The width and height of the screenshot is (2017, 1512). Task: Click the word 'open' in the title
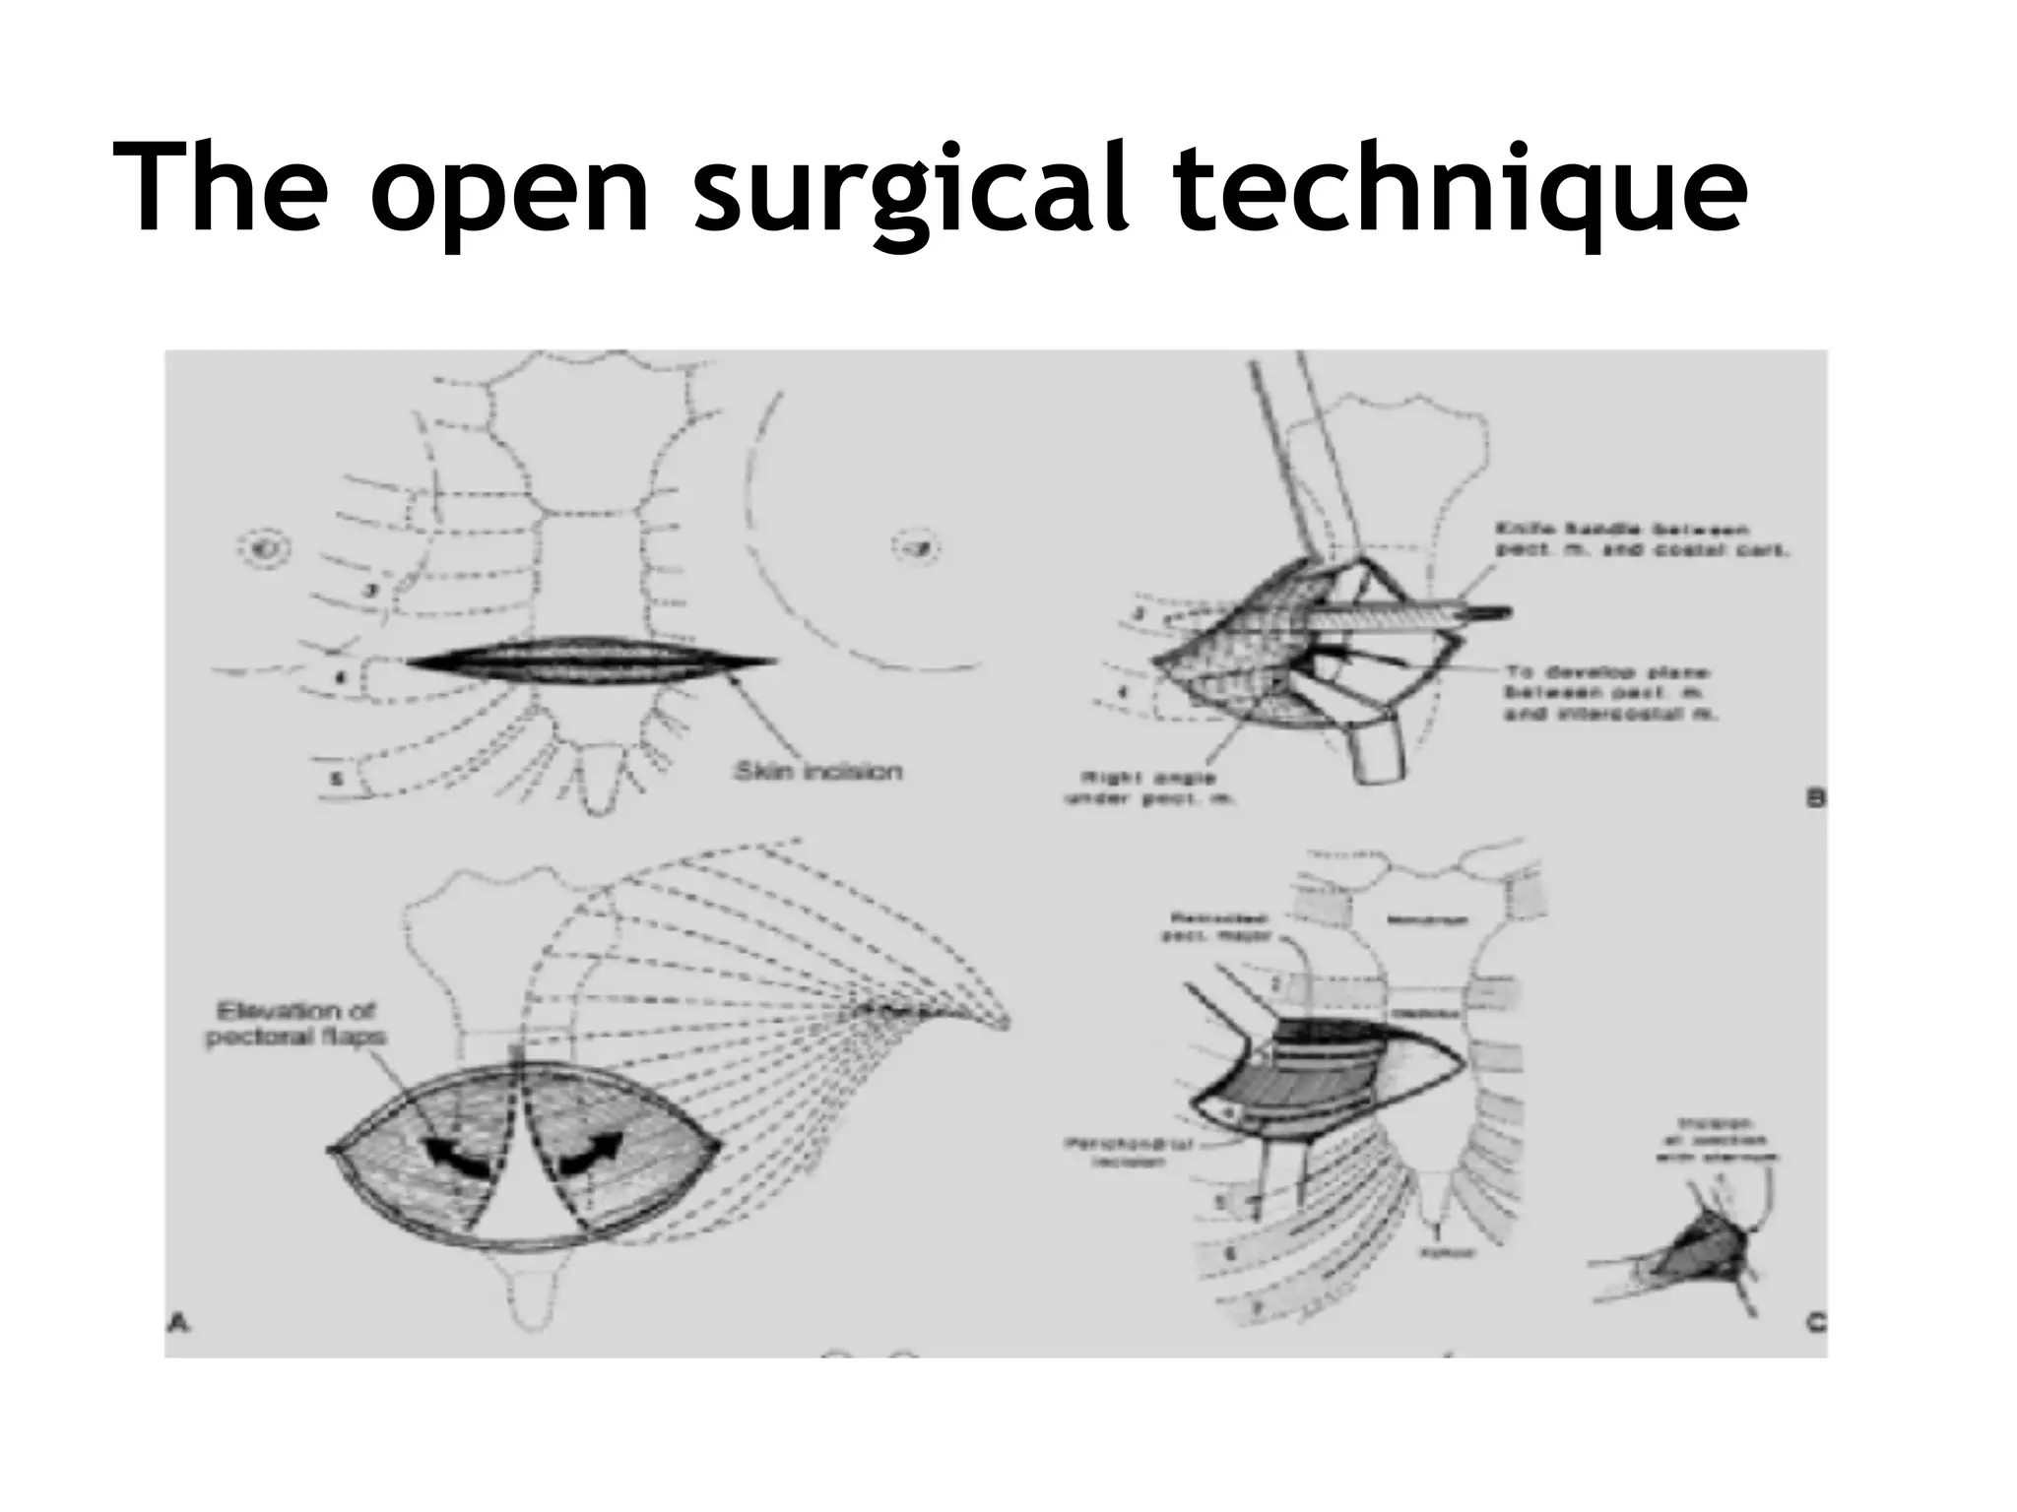pyautogui.click(x=510, y=189)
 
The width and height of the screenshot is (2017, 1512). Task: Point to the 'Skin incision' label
pyautogui.click(x=817, y=771)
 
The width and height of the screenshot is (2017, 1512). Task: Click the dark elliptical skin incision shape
pyautogui.click(x=591, y=661)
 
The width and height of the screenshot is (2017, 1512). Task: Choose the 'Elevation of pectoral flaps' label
pyautogui.click(x=295, y=1024)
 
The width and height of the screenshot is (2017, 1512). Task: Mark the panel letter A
pyautogui.click(x=178, y=1324)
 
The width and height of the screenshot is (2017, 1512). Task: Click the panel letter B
pyautogui.click(x=1814, y=798)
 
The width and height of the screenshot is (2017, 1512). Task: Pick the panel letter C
pyautogui.click(x=1814, y=1322)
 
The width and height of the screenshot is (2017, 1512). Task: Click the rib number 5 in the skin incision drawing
pyautogui.click(x=336, y=779)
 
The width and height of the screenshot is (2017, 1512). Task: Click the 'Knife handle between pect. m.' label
pyautogui.click(x=1641, y=540)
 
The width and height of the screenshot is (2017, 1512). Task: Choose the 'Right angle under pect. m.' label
pyautogui.click(x=1148, y=788)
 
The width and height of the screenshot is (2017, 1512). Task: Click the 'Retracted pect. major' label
pyautogui.click(x=1221, y=926)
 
